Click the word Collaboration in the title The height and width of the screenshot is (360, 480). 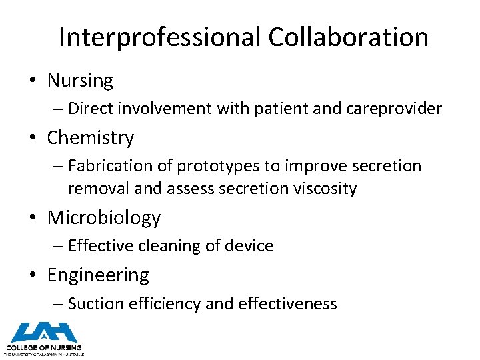[349, 37]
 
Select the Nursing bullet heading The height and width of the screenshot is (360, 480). [80, 81]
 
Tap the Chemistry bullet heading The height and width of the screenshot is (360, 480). [90, 138]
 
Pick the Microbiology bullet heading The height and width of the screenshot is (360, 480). [104, 218]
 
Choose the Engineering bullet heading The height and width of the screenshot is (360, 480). [98, 275]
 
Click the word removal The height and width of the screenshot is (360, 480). [99, 189]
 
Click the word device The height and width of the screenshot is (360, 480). [250, 246]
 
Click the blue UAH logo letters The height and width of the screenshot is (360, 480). [44, 332]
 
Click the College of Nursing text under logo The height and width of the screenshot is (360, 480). [44, 347]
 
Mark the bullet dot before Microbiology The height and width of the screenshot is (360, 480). [33, 219]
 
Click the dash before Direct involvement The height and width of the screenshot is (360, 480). [58, 109]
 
